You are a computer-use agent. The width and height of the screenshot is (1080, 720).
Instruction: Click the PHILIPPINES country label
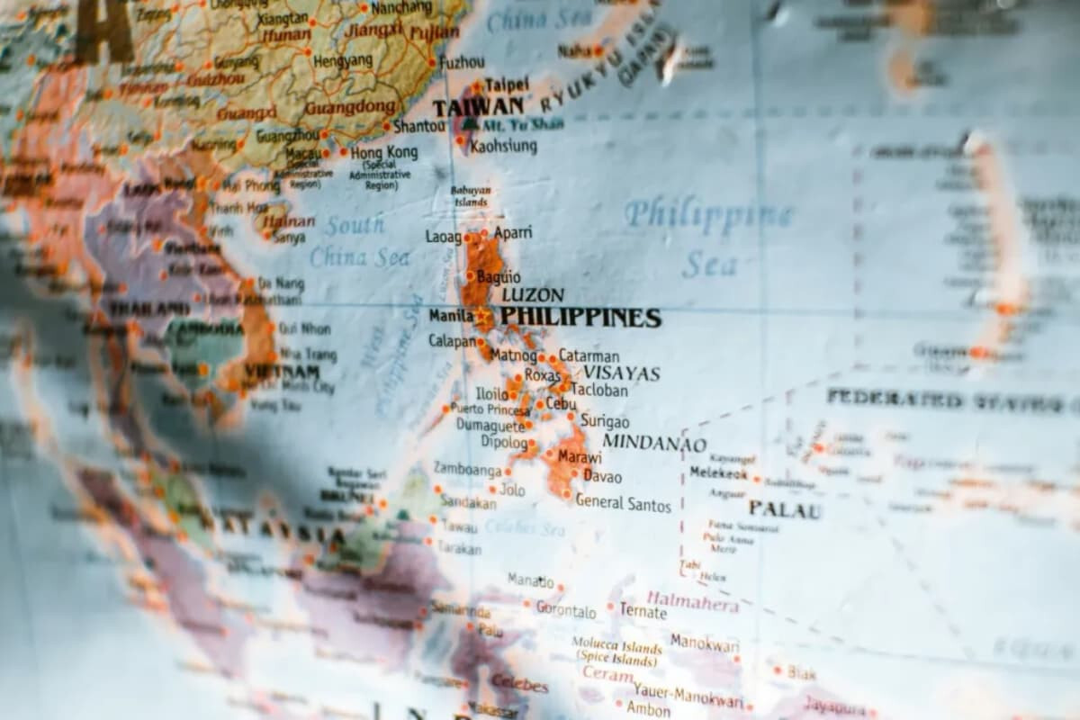580,318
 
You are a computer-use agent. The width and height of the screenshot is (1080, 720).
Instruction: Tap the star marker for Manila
484,317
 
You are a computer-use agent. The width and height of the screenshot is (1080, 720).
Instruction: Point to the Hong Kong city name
384,153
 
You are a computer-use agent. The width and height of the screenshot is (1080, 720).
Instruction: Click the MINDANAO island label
654,443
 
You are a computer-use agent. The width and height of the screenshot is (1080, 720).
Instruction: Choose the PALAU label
785,510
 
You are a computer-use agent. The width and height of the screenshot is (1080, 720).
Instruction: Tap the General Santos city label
623,503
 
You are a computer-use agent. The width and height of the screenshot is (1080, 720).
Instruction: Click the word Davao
602,476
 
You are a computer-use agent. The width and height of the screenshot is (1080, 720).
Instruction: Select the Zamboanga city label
467,469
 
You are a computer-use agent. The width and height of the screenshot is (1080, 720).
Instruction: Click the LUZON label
533,294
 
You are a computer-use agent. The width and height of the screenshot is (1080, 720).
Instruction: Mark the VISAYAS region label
621,373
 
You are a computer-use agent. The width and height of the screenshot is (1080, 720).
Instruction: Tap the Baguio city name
498,276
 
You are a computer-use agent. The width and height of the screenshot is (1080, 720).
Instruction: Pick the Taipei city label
507,85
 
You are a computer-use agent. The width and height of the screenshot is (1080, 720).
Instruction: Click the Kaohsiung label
504,145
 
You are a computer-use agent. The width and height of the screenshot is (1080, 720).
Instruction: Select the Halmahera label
692,601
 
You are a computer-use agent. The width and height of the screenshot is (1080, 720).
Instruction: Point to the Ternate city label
643,612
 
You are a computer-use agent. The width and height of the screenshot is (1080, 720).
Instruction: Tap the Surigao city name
605,421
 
